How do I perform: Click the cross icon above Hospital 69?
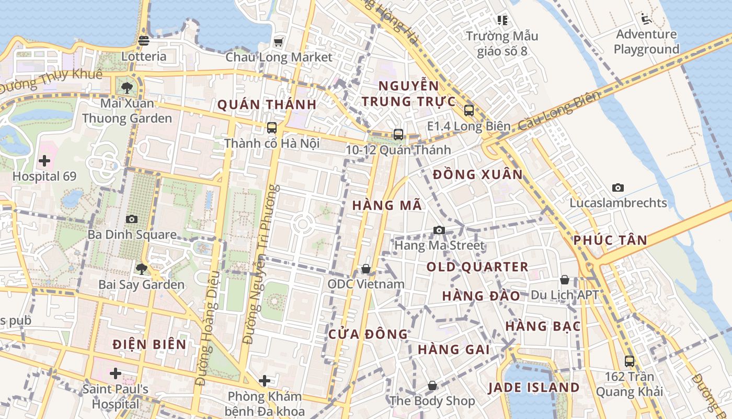(44, 160)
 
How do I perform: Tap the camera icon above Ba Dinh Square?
(132, 219)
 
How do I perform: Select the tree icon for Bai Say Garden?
(141, 269)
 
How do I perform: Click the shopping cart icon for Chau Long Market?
(279, 42)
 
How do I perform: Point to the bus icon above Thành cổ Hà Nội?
(271, 127)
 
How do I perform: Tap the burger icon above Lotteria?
(144, 41)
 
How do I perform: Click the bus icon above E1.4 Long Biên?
(468, 111)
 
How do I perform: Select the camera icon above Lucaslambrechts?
(618, 188)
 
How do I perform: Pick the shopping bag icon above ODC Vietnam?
(366, 269)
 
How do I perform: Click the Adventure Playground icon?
(646, 19)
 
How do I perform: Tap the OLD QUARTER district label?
(477, 267)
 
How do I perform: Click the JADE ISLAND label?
(534, 388)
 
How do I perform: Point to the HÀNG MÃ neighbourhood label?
(387, 205)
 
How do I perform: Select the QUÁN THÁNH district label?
(267, 105)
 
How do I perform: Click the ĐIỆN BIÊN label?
(150, 344)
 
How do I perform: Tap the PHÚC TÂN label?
(610, 240)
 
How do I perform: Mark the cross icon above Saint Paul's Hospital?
(116, 373)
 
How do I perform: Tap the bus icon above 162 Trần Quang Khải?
(630, 361)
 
